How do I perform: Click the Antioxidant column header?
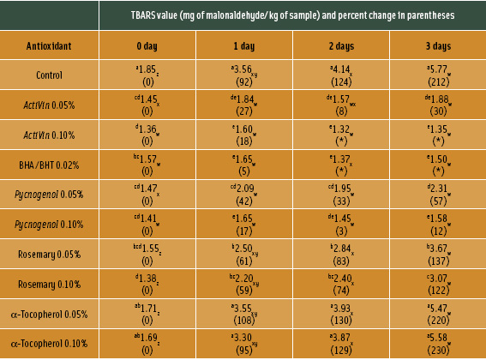[x=49, y=44]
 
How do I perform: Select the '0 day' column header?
[x=147, y=44]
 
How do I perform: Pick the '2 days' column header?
[x=340, y=44]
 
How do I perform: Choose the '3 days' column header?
[x=437, y=44]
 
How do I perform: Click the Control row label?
[x=49, y=75]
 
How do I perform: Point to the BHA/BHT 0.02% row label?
[x=49, y=164]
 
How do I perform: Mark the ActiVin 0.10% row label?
[x=49, y=135]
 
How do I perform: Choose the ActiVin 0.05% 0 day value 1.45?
[x=147, y=98]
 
